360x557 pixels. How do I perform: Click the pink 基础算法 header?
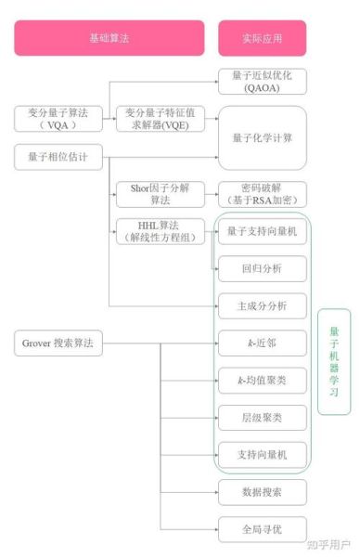pyautogui.click(x=109, y=39)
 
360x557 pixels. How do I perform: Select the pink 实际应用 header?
pyautogui.click(x=263, y=39)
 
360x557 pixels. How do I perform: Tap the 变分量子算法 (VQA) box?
pyautogui.click(x=52, y=119)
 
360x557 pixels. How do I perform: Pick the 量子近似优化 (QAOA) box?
pyautogui.click(x=262, y=83)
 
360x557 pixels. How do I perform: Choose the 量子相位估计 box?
pyautogui.click(x=52, y=157)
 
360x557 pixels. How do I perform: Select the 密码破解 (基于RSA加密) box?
pyautogui.click(x=262, y=194)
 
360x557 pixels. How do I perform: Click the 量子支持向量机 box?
pyautogui.click(x=262, y=231)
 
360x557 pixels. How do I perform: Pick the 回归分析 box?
pyautogui.click(x=262, y=268)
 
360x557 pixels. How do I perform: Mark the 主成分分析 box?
pyautogui.click(x=262, y=305)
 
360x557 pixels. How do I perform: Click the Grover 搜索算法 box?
pyautogui.click(x=58, y=343)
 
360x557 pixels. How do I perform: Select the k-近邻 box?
pyautogui.click(x=262, y=343)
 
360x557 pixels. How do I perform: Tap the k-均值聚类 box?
pyautogui.click(x=262, y=380)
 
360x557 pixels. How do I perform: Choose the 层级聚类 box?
pyautogui.click(x=262, y=417)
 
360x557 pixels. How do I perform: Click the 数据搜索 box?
pyautogui.click(x=262, y=491)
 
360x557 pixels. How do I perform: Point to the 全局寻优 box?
pyautogui.click(x=262, y=528)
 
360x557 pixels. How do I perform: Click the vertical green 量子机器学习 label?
pyautogui.click(x=334, y=360)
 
